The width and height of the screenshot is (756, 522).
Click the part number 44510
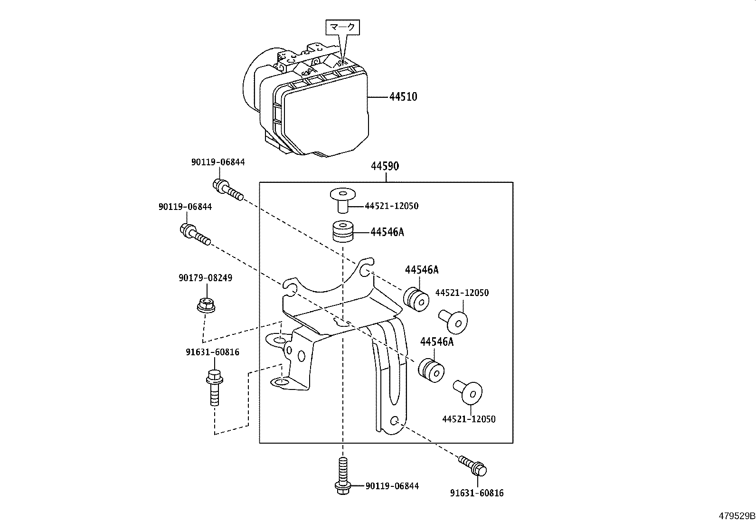click(x=403, y=97)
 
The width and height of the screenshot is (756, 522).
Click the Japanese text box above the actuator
click(x=342, y=28)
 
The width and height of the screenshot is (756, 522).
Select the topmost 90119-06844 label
click(x=218, y=162)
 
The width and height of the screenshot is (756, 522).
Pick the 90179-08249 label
click(x=206, y=278)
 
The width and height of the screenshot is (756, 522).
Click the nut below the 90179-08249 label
click(x=206, y=305)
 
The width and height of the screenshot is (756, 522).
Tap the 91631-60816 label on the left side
click(x=212, y=352)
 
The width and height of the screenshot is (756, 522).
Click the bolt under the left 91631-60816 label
click(x=214, y=387)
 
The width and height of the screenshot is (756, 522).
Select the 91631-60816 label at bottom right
click(x=477, y=493)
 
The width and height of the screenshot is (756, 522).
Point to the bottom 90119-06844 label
click(x=392, y=486)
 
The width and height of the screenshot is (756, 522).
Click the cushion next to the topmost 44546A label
click(x=344, y=231)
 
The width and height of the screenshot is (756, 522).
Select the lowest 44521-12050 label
click(x=469, y=419)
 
